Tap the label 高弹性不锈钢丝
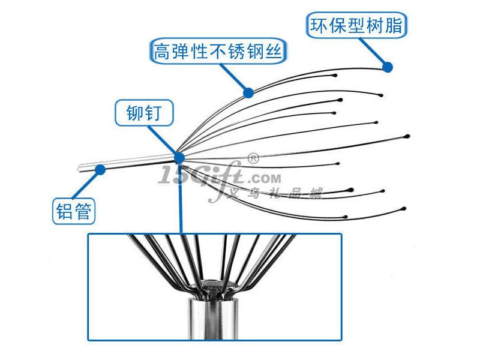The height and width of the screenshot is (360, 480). click(x=217, y=50)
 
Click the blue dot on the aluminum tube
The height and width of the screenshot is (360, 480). click(x=100, y=170)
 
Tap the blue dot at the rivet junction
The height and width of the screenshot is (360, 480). click(x=179, y=158)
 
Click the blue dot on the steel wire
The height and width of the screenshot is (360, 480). click(x=248, y=92)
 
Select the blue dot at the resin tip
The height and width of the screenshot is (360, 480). click(x=388, y=67)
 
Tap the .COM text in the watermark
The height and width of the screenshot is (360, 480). click(x=263, y=178)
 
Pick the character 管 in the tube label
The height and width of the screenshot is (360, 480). click(x=85, y=211)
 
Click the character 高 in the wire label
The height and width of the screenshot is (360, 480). click(x=161, y=51)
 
